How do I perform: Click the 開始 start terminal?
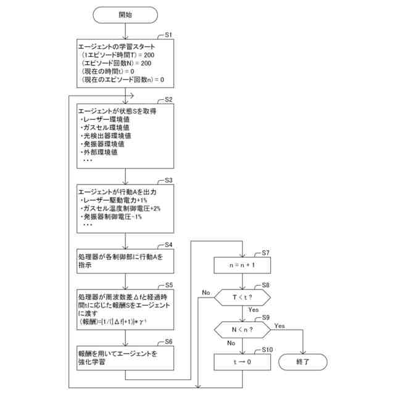coord(125,14)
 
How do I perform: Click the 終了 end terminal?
coord(302,361)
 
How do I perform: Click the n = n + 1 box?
coord(242,266)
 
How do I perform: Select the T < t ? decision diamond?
coord(242,297)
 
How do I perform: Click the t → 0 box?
coord(242,362)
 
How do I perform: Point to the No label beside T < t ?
coord(206,292)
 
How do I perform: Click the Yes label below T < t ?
coord(253,310)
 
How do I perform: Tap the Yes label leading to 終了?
coord(279,325)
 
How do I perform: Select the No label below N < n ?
coord(232,343)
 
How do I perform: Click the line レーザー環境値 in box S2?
coord(105,119)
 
